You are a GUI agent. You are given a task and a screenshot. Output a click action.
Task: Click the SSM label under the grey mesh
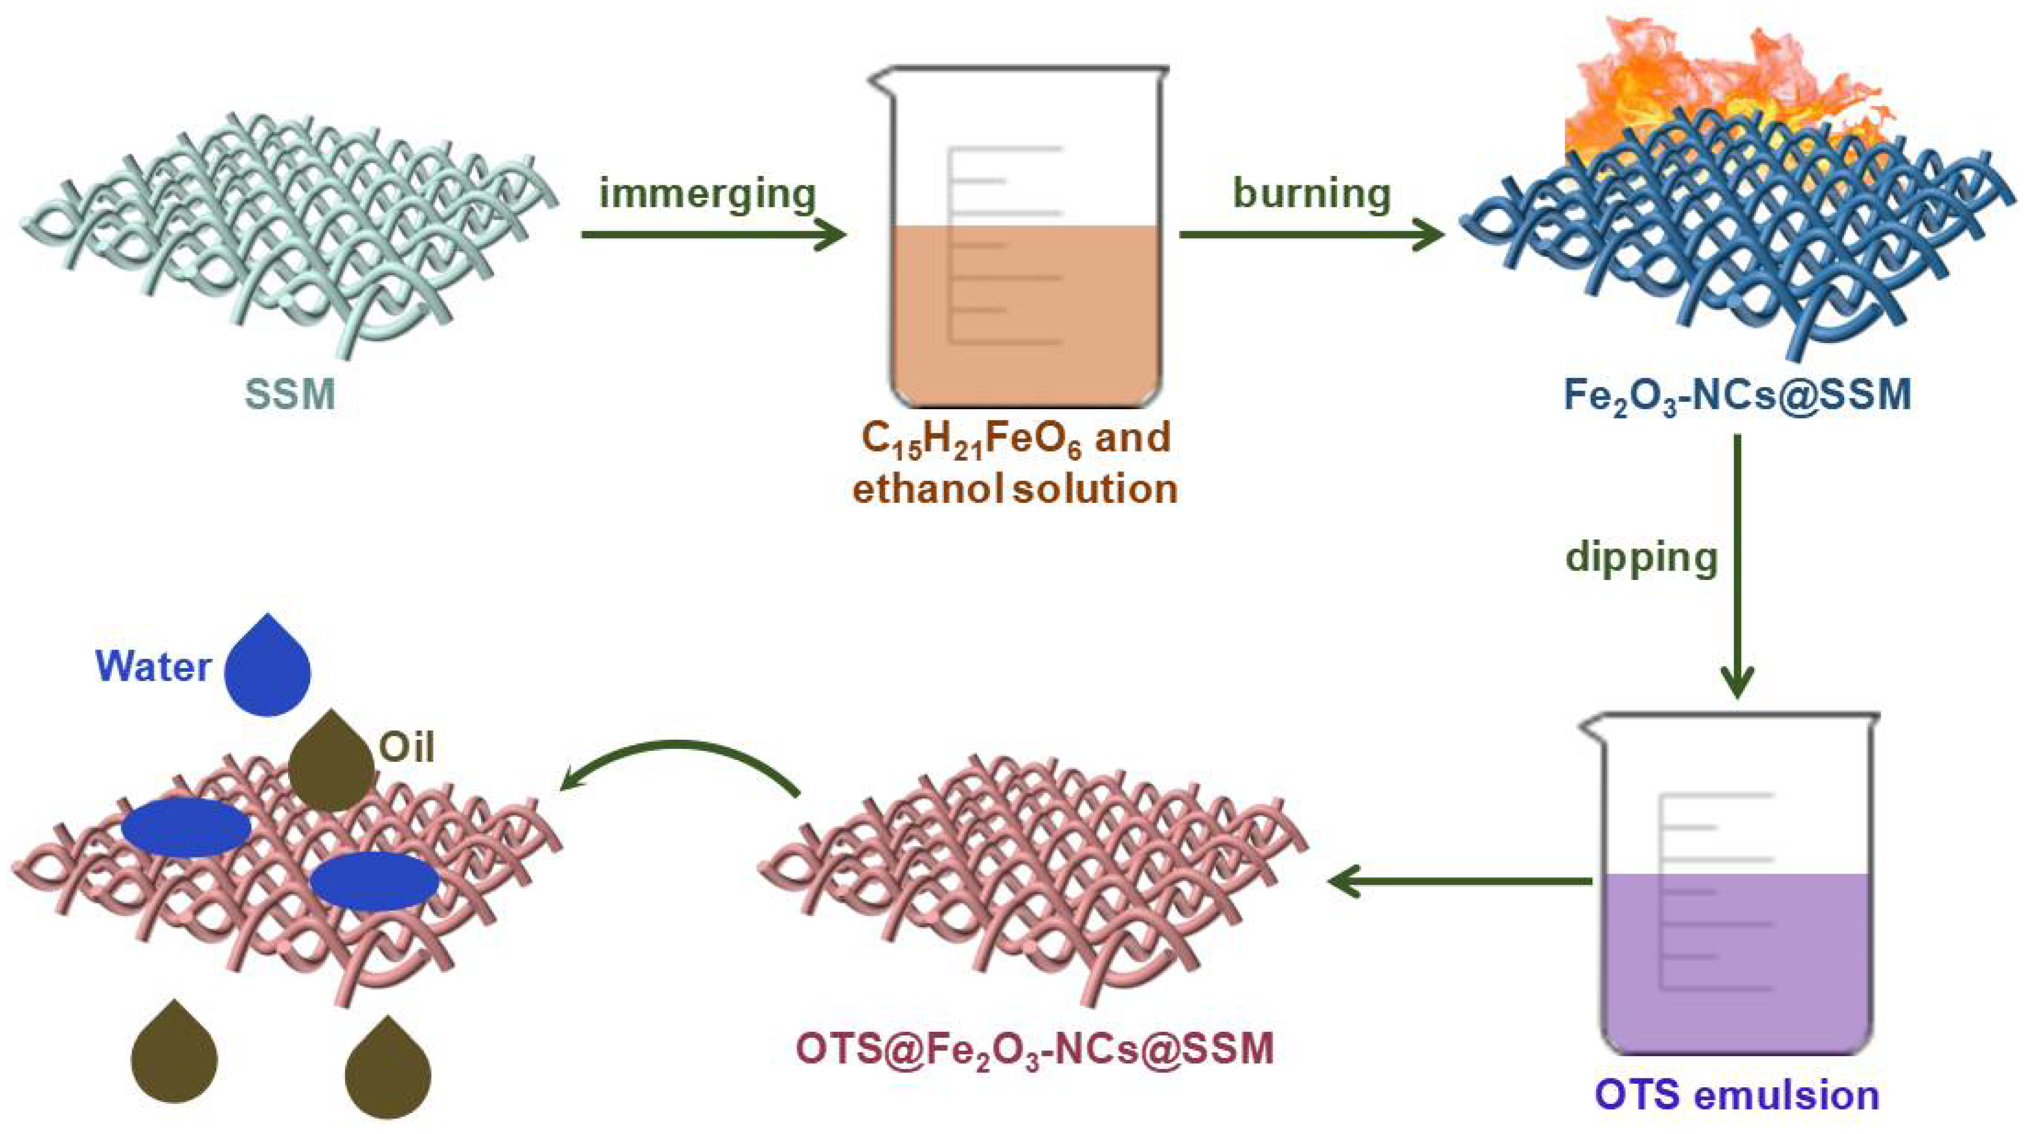pos(290,394)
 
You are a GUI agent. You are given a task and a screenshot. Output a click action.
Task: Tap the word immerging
pos(707,194)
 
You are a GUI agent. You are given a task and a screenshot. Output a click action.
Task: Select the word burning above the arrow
pos(1312,194)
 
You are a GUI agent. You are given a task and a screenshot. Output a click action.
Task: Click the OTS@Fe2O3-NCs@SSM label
pos(1035,1049)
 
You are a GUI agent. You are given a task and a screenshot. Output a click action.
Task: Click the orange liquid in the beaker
pos(1025,315)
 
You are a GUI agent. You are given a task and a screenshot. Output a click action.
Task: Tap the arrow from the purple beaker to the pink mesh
pos(1458,881)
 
